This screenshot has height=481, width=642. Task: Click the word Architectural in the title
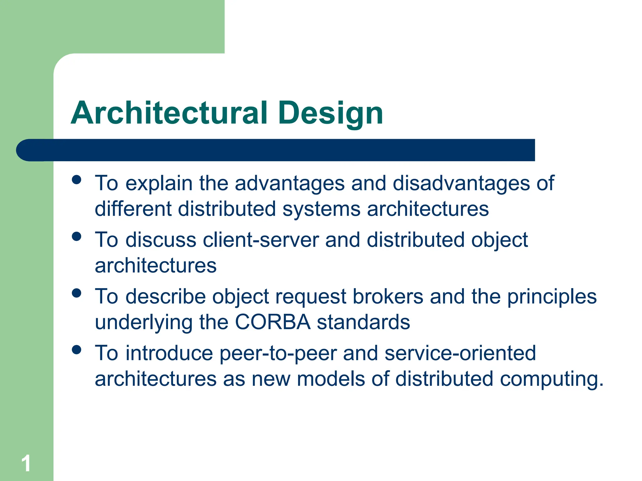pyautogui.click(x=169, y=113)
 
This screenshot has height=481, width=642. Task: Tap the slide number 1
pyautogui.click(x=26, y=463)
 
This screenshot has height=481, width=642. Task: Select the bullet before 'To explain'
pyautogui.click(x=76, y=180)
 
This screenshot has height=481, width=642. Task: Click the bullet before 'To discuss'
pyautogui.click(x=76, y=236)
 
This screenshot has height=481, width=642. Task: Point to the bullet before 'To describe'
pyautogui.click(x=76, y=293)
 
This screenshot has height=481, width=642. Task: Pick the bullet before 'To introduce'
pyautogui.click(x=76, y=349)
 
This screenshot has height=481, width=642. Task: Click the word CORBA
pyautogui.click(x=273, y=322)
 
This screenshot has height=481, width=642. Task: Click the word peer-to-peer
pyautogui.click(x=278, y=354)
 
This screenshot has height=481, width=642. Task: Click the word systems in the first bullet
pyautogui.click(x=321, y=209)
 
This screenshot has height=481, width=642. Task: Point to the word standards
pyautogui.click(x=363, y=322)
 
